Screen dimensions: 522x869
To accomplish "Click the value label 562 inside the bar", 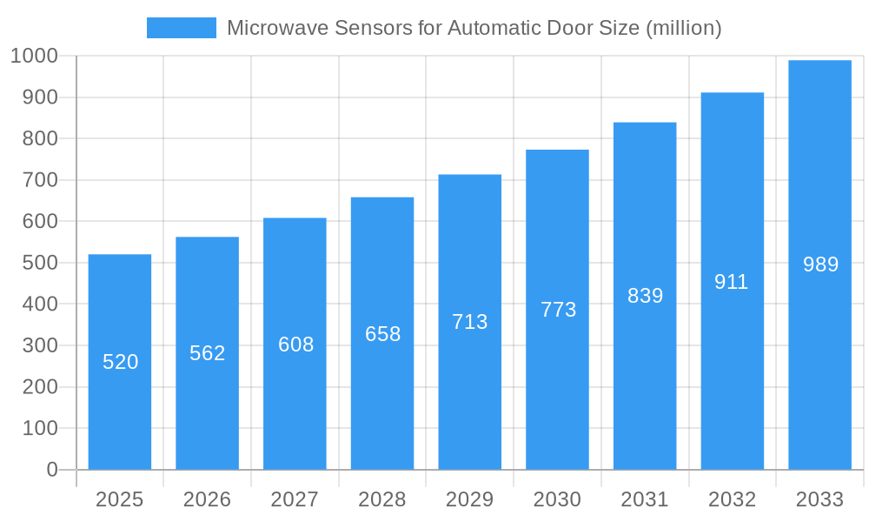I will point(208,353).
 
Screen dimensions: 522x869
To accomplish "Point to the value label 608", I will point(295,345).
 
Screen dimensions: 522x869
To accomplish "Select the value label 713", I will point(470,322).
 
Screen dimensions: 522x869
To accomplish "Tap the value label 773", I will point(558,310).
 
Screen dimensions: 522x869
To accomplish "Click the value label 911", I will point(732,282).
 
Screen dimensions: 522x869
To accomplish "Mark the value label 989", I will point(820,264).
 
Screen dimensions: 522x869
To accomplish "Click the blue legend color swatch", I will point(181,28).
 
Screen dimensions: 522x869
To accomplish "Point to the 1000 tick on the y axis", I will point(34,56).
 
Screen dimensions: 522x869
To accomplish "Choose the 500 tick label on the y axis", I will point(38,263).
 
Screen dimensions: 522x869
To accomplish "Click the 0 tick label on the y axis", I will point(51,470).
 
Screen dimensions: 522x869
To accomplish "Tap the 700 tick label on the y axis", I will point(38,180).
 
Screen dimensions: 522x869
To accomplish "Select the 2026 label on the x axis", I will point(208,499).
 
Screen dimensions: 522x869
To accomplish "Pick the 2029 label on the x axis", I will point(470,499).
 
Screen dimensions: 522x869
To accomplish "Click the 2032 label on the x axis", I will point(732,499).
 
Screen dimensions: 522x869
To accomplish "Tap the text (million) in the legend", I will point(683,28).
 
